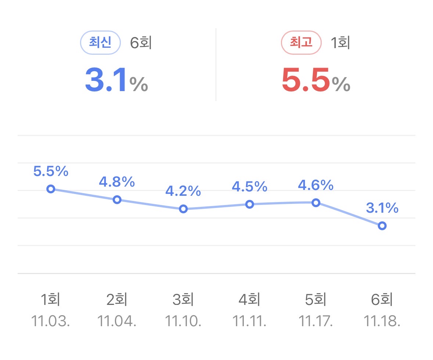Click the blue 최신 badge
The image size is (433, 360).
[x=100, y=43]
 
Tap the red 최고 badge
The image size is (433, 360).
[x=301, y=43]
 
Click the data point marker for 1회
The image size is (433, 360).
[x=51, y=189]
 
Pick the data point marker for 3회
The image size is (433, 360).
[x=183, y=209]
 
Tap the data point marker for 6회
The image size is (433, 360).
[x=382, y=226]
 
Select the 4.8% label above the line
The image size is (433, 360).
[x=117, y=182]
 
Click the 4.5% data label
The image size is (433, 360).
[x=249, y=187]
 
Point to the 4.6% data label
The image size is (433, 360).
[x=315, y=185]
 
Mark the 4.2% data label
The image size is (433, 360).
[x=183, y=191]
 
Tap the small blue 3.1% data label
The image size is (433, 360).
[x=382, y=208]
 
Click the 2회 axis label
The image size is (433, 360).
[x=117, y=300]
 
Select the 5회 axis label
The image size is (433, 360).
[x=315, y=300]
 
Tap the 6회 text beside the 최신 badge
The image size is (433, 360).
[x=141, y=43]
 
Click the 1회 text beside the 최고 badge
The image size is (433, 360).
[x=340, y=43]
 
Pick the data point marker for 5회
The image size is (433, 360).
[x=316, y=203]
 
